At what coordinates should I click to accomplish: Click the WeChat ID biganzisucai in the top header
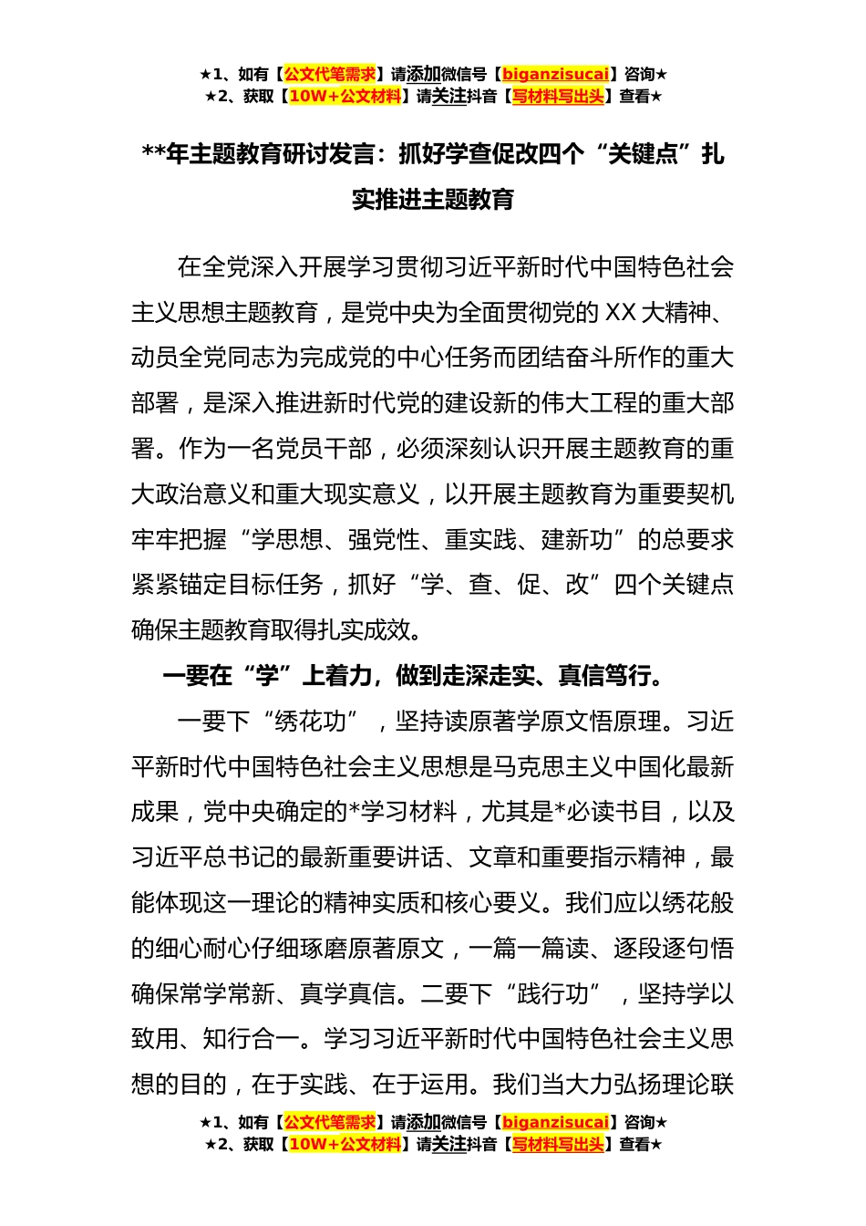[x=555, y=74]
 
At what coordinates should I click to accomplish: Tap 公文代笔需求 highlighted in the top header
[x=329, y=74]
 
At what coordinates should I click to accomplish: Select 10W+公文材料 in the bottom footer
[x=345, y=1144]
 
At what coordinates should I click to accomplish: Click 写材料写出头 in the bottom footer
[x=558, y=1144]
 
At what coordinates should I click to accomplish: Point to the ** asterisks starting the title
[x=152, y=154]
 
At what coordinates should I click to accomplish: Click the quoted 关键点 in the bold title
[x=643, y=154]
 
